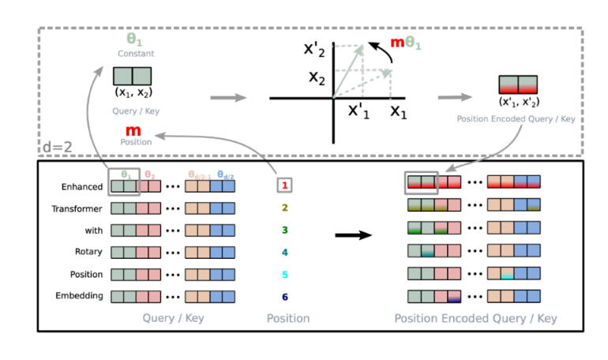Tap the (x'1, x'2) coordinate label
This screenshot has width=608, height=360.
[519, 101]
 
